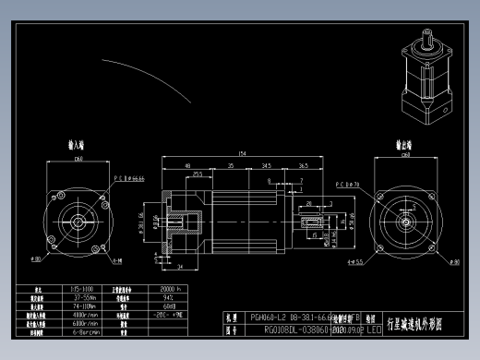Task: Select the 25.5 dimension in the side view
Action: click(x=197, y=174)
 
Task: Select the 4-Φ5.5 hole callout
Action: click(x=354, y=262)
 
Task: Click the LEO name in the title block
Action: click(x=374, y=329)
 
